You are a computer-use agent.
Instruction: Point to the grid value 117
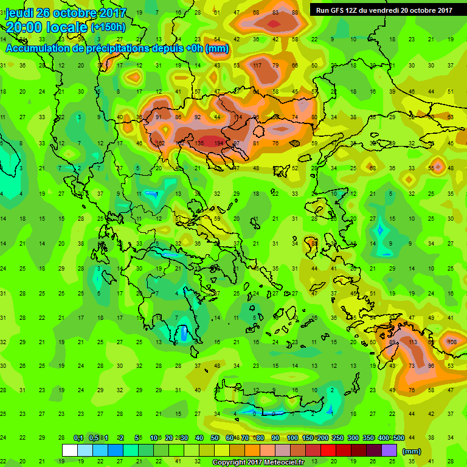[257, 66]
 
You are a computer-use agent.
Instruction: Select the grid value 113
[413, 342]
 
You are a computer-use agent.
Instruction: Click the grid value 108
[452, 342]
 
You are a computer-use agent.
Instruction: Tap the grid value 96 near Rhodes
[431, 366]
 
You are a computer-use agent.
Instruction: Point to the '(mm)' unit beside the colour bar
[411, 451]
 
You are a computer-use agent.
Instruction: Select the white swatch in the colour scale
[70, 451]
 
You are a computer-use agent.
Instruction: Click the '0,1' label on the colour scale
[78, 438]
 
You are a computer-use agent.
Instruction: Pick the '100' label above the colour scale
[292, 438]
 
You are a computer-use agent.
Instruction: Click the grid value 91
[159, 117]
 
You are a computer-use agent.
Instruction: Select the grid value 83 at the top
[275, 13]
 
